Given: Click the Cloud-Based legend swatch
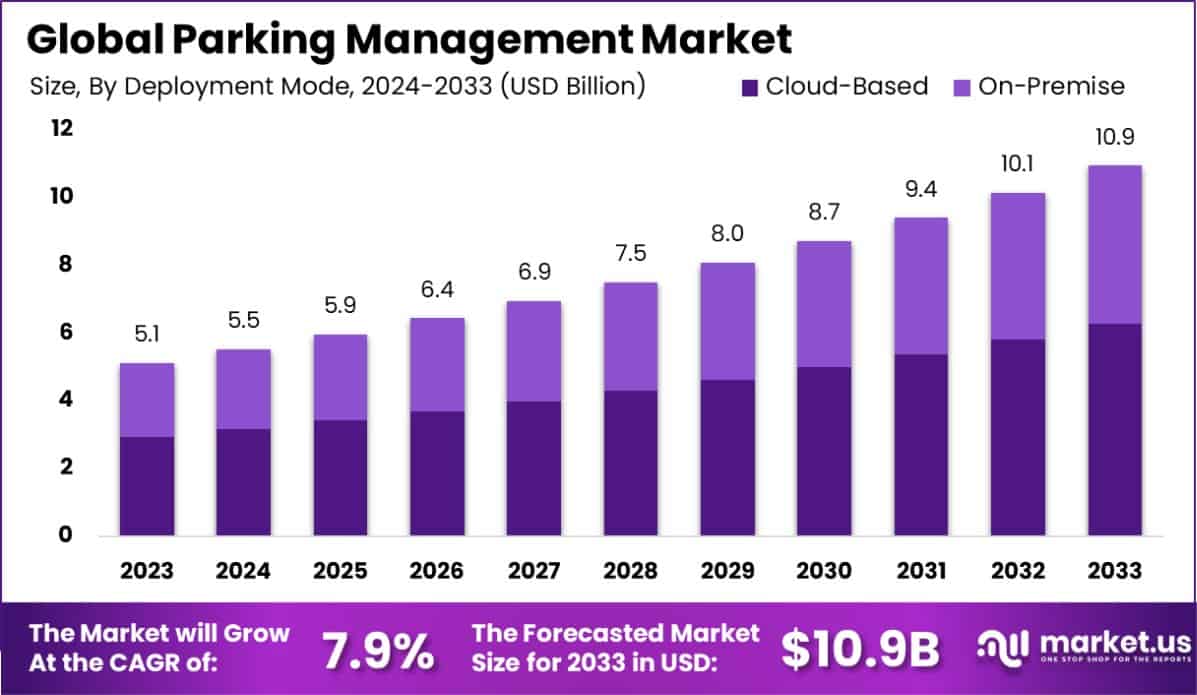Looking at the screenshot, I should [751, 87].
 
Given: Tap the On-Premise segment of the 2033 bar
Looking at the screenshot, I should [1113, 244].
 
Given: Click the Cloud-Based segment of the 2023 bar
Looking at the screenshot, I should [146, 485].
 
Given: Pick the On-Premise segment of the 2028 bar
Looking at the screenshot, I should [630, 336].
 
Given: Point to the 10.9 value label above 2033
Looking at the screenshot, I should [1113, 138].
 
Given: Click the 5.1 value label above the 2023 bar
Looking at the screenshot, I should [146, 335].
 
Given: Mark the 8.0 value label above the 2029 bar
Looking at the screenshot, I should [727, 235].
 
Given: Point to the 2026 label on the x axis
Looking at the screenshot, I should [436, 571].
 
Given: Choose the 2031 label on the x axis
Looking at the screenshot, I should [920, 571].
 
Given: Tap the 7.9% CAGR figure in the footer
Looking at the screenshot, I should [378, 649].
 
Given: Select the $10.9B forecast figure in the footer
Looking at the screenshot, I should [860, 649].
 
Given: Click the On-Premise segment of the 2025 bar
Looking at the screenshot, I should [340, 377].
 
